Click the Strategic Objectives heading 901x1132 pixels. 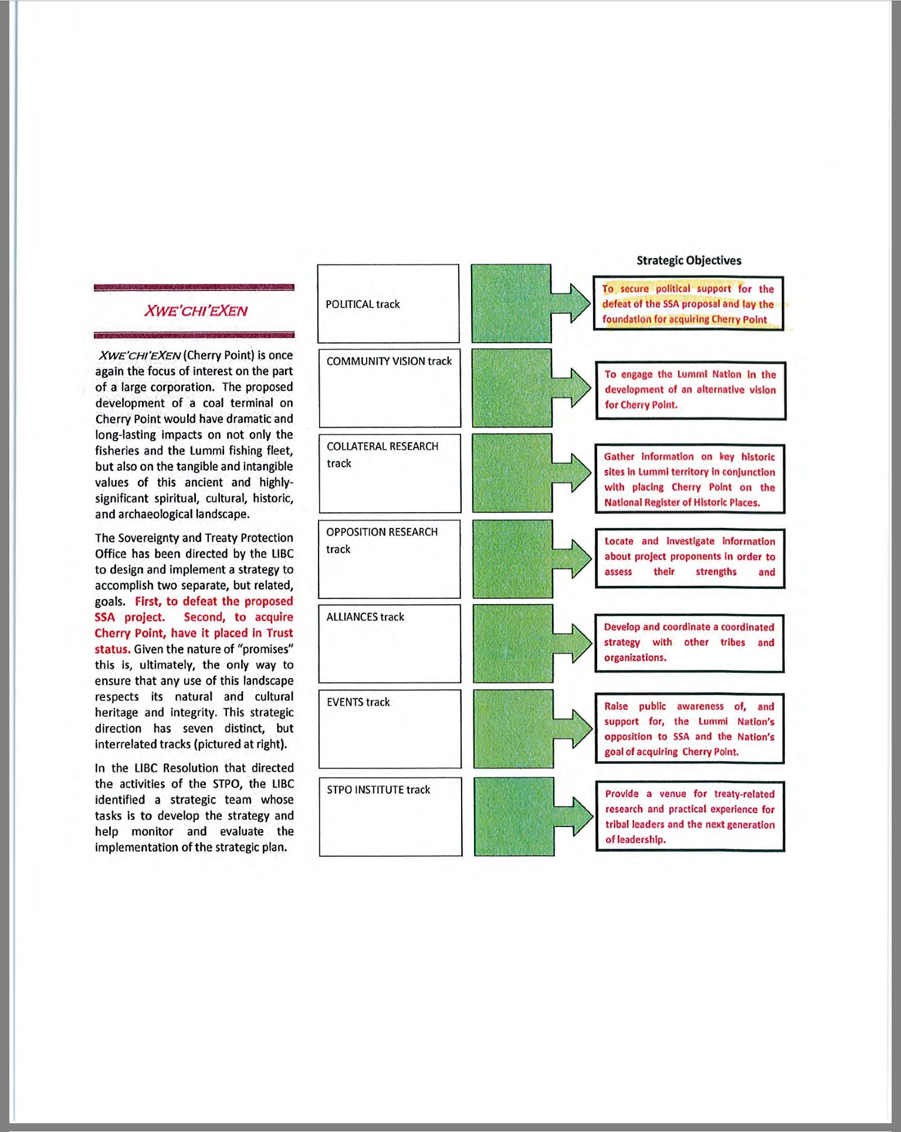coord(689,260)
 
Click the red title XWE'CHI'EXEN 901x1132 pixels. coord(195,311)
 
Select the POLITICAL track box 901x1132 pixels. coord(388,303)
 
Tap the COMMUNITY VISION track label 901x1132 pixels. coord(389,361)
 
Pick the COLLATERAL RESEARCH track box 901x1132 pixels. coord(389,473)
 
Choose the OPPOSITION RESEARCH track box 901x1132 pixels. coord(389,558)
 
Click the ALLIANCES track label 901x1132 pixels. coord(365,617)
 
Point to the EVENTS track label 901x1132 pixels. coord(358,702)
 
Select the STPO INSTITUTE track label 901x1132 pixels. coord(378,789)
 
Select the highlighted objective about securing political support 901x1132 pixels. coord(688,304)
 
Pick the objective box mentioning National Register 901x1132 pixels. coord(690,479)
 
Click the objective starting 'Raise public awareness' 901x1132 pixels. coord(689,728)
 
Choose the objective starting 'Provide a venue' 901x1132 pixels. coord(690,816)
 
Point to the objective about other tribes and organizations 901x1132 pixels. coord(689,642)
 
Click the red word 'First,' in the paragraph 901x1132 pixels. coord(148,601)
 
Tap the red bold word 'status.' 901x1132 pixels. coord(112,649)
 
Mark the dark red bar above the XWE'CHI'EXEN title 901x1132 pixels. coord(194,287)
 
